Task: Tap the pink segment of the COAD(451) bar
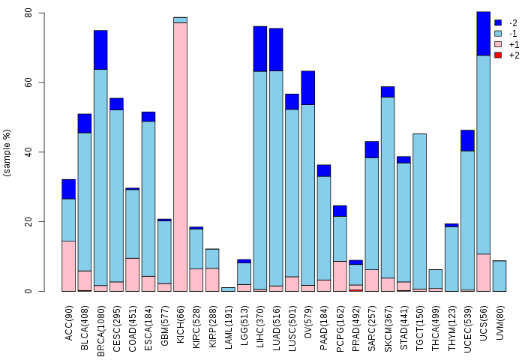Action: tap(132, 274)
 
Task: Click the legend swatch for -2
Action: tap(498, 22)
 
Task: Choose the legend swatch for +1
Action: tap(498, 44)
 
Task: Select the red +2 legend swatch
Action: tap(498, 55)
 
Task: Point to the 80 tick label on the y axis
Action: tap(28, 13)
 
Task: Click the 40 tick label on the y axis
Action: tap(28, 152)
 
